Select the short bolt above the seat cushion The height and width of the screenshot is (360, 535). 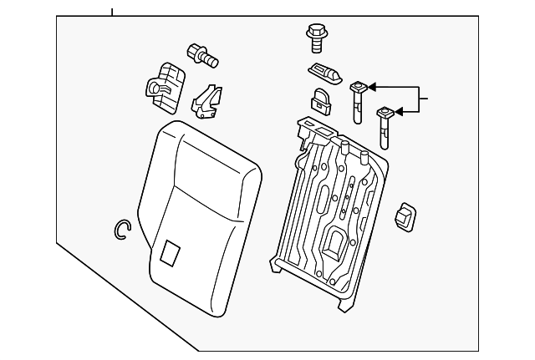click(203, 55)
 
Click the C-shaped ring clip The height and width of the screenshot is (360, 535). click(122, 229)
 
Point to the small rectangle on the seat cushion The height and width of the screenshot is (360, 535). click(170, 252)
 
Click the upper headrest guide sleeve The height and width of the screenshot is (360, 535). click(358, 98)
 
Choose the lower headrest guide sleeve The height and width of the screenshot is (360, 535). click(385, 122)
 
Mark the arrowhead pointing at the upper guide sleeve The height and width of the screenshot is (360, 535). click(372, 86)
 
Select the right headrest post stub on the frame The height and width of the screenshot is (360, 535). click(364, 156)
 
